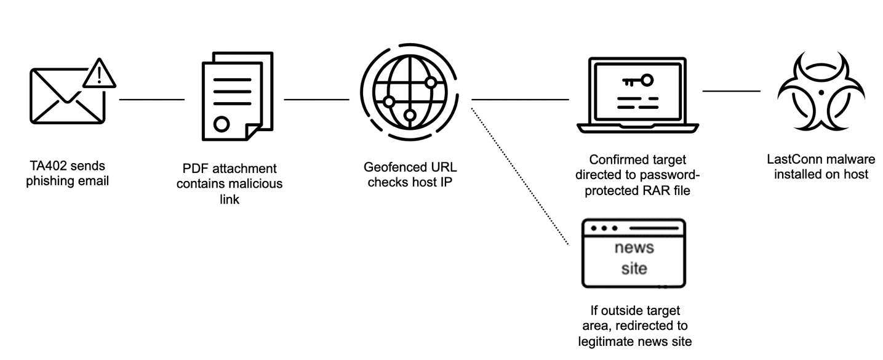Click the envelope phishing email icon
68,96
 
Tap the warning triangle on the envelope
99,73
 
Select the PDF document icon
238,96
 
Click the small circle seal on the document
222,124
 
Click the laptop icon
637,95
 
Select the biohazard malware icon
821,92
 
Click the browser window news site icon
634,253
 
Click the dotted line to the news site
520,176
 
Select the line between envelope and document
152,100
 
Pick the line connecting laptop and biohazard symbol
731,91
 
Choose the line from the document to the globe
316,100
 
